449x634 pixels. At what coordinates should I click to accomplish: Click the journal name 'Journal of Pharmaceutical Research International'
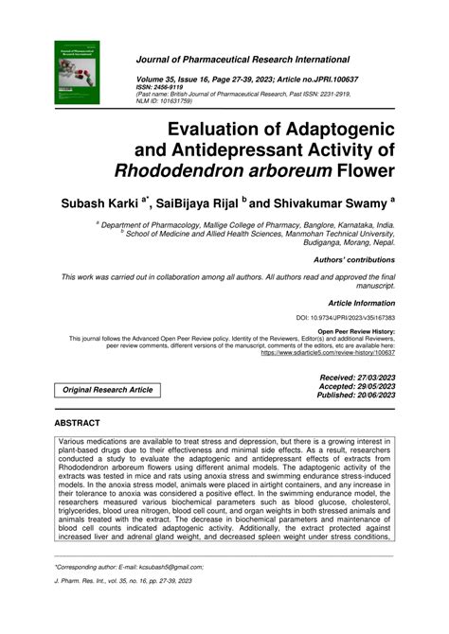point(242,59)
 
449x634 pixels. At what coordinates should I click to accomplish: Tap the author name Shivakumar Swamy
point(323,203)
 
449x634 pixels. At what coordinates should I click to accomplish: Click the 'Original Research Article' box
point(108,390)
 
